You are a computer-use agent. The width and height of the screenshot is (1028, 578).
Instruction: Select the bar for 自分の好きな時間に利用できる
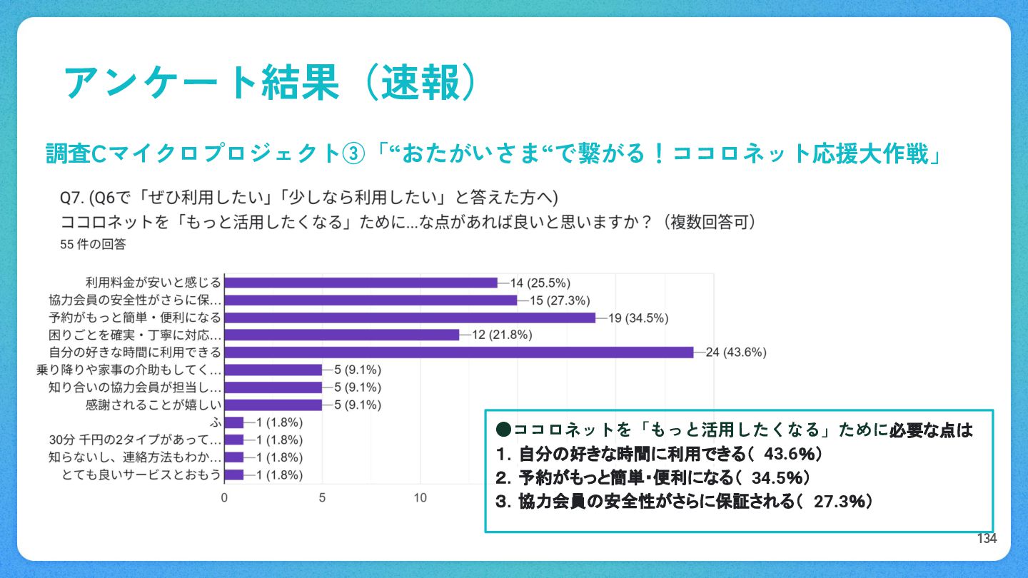click(458, 352)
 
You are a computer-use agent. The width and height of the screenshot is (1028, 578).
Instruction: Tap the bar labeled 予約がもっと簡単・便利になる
click(410, 318)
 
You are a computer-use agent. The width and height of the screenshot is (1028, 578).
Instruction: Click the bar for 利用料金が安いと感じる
click(361, 283)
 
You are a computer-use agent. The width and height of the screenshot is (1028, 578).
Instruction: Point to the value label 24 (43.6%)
click(735, 352)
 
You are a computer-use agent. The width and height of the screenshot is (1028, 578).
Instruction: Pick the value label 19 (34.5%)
click(638, 318)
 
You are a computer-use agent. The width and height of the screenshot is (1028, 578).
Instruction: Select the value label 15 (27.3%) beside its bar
click(560, 300)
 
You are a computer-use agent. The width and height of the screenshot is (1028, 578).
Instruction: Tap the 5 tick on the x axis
click(323, 497)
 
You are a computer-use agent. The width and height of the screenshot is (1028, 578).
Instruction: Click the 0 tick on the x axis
click(225, 497)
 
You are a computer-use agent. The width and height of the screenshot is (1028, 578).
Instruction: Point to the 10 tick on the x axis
click(420, 497)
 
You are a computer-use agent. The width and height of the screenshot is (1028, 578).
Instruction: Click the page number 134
click(987, 539)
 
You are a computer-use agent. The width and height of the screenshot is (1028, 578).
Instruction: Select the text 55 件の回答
click(94, 244)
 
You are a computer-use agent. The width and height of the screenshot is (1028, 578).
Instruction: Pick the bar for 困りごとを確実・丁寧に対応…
click(341, 335)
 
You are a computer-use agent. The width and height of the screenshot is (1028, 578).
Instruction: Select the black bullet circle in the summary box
click(503, 430)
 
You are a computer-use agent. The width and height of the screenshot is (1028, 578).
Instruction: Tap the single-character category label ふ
click(217, 422)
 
